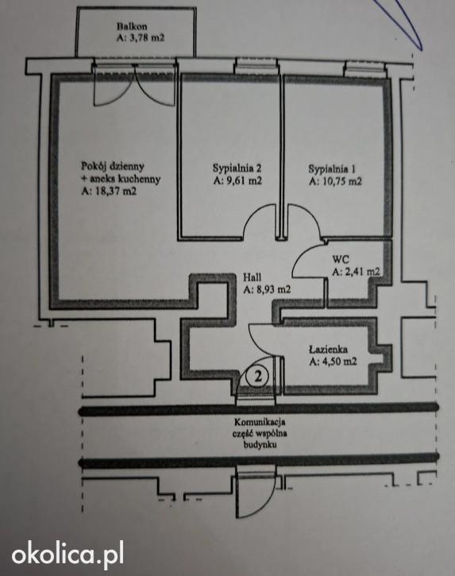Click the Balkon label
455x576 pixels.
[132, 26]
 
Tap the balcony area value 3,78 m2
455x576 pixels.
[145, 37]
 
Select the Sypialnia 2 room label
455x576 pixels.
[237, 168]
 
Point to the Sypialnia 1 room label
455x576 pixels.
[332, 169]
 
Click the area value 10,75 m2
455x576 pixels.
[340, 181]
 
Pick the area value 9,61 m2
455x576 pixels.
[242, 180]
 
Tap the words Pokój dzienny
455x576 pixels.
[113, 166]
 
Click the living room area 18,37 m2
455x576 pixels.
[114, 191]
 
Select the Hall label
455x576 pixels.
[252, 278]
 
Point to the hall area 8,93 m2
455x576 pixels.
[272, 289]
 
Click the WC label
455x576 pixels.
[340, 259]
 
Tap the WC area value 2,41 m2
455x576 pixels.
[361, 272]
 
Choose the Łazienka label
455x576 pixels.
[328, 349]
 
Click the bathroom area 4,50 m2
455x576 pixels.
[337, 361]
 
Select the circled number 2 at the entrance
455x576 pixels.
[258, 376]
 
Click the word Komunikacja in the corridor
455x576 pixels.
[260, 422]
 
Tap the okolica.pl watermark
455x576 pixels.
[67, 553]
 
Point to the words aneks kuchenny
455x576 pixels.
[125, 179]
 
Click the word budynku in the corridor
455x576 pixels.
[260, 445]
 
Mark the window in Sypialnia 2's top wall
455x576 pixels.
[256, 64]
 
